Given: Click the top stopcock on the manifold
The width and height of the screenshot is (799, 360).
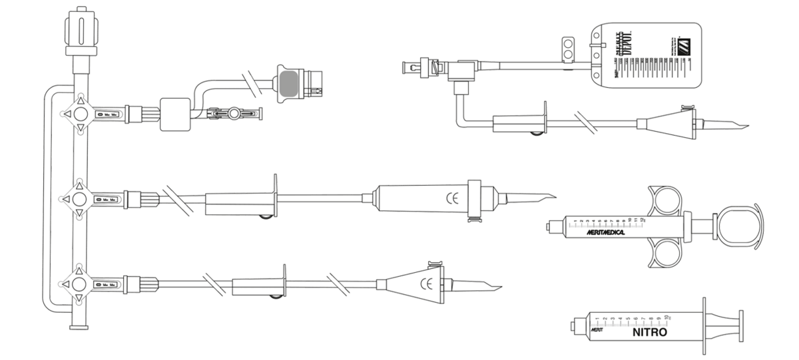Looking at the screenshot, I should (79, 114).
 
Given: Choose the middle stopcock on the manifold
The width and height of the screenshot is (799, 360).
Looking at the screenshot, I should (79, 198).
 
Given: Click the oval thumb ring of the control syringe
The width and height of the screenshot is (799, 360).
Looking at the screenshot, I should (737, 226).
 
